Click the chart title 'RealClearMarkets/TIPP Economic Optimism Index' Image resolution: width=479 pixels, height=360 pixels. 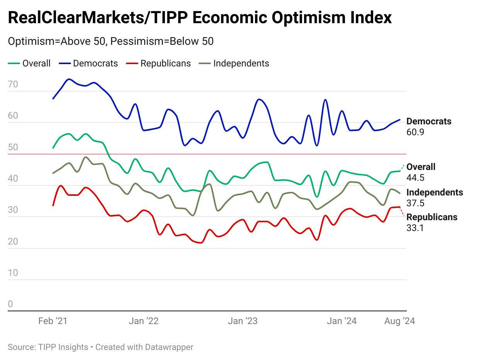point(200,18)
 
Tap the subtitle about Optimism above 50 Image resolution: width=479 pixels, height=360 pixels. point(110,41)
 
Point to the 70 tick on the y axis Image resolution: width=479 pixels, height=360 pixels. point(13,84)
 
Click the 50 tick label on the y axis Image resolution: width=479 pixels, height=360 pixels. point(13,147)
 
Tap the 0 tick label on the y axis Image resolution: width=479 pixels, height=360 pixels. point(10,304)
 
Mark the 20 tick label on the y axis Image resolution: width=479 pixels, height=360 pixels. point(13,241)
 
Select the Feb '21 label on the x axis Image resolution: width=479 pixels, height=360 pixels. point(53,321)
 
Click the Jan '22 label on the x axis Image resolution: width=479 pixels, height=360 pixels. point(144,321)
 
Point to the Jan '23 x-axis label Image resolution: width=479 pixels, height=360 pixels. point(243,321)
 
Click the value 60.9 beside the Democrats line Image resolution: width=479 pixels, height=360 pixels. point(415,132)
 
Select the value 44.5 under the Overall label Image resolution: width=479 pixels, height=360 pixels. point(415,178)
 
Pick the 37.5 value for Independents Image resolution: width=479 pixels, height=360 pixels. point(415,203)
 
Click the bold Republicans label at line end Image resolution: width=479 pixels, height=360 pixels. point(432,217)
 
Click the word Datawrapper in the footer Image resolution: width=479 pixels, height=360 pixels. point(169,347)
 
